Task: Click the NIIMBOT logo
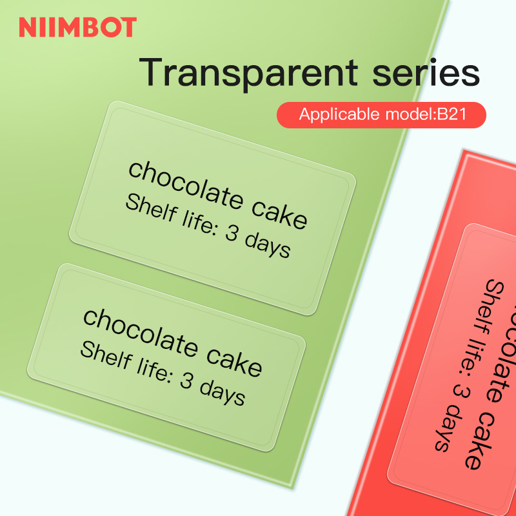[77, 27]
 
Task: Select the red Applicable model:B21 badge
[381, 115]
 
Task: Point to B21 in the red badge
[456, 115]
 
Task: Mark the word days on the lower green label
[223, 392]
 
